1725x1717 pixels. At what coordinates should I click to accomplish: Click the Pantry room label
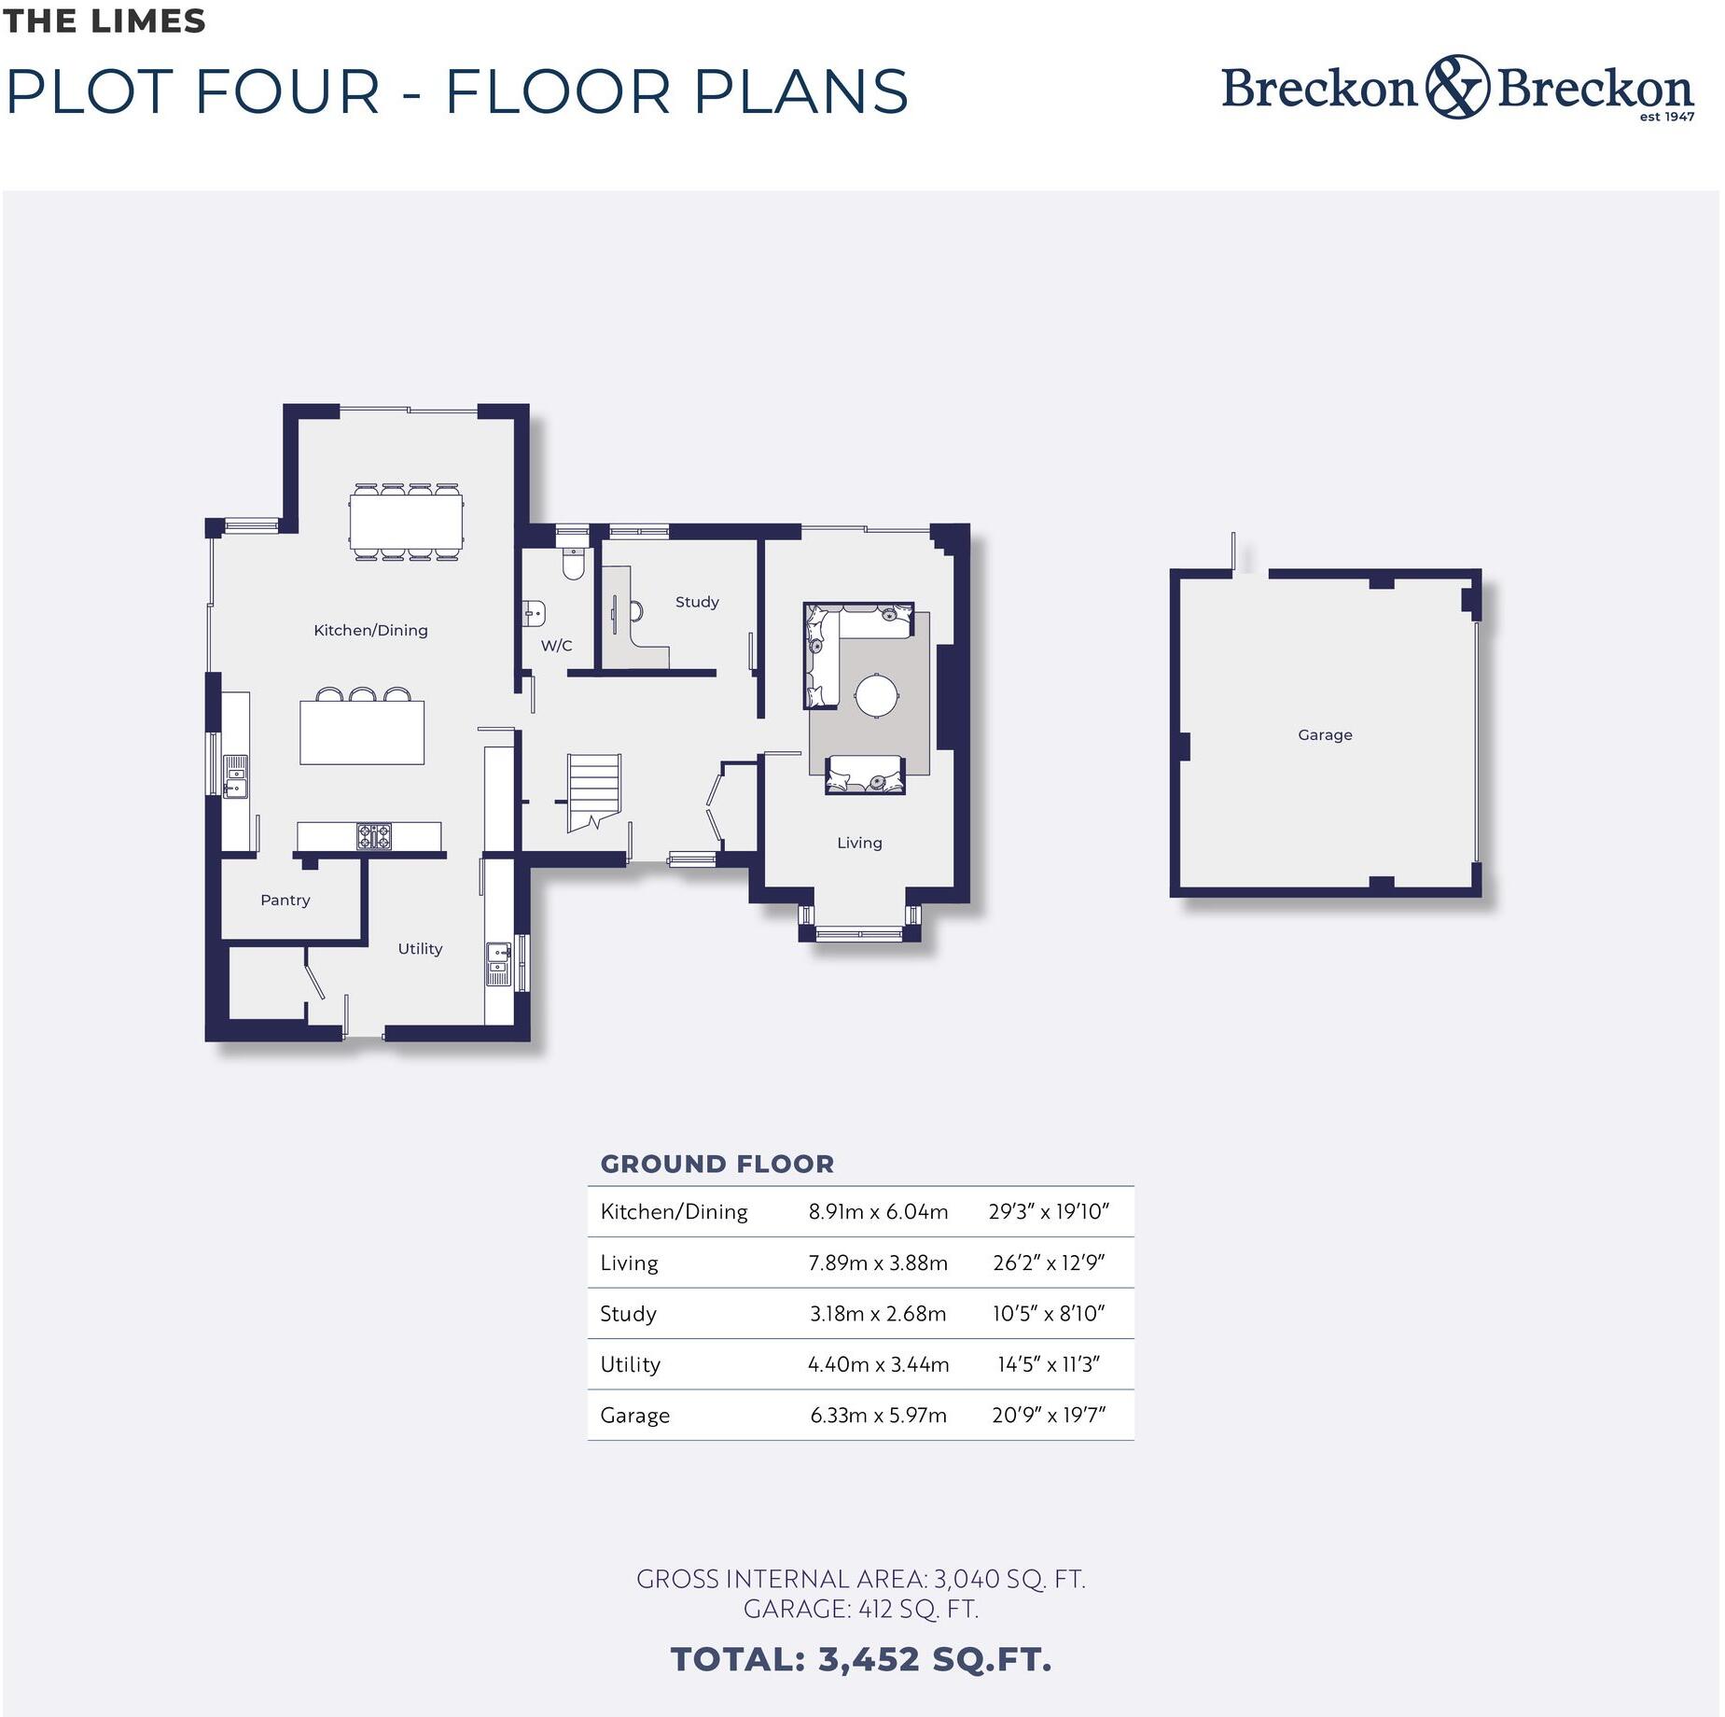(x=285, y=900)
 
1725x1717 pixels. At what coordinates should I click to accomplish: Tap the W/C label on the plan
(x=556, y=646)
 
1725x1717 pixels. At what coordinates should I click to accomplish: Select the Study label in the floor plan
(x=697, y=602)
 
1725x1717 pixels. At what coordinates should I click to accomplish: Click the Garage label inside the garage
(x=1324, y=734)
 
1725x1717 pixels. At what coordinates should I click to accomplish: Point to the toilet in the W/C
(x=573, y=564)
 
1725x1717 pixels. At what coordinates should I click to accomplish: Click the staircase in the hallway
(x=594, y=790)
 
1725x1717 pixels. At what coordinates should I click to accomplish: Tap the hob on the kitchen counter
(x=374, y=836)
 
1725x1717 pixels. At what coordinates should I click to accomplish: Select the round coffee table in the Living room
(x=877, y=695)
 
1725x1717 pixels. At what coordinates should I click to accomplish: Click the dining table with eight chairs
(x=407, y=523)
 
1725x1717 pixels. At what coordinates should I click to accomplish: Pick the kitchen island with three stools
(x=362, y=733)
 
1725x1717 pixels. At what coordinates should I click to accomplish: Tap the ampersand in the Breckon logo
(x=1456, y=87)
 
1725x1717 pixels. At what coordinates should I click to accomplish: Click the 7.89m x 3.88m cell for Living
(x=877, y=1263)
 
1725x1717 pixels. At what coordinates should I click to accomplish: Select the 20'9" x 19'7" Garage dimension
(x=1048, y=1415)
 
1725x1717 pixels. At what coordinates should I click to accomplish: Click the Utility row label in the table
(x=630, y=1364)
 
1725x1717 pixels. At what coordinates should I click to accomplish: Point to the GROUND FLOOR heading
(x=716, y=1164)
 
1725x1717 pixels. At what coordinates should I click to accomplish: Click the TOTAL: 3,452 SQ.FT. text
(x=860, y=1659)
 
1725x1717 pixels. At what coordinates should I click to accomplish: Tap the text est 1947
(x=1666, y=117)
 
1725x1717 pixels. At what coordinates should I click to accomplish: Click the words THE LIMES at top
(x=104, y=21)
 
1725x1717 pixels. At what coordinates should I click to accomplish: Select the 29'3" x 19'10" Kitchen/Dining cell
(x=1048, y=1211)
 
